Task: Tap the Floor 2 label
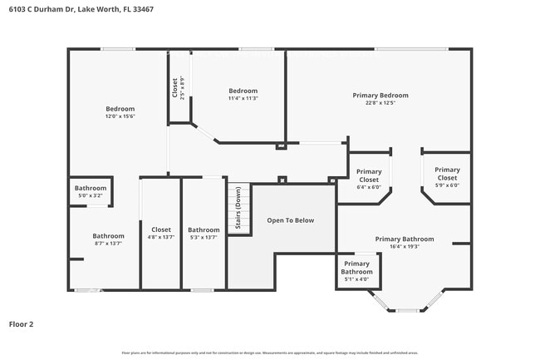(22, 323)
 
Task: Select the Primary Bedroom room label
(380, 96)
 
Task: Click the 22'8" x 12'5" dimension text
(380, 104)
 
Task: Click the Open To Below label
(291, 220)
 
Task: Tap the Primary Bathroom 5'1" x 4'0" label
(357, 271)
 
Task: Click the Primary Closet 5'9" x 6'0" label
(447, 177)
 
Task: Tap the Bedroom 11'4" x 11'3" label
(243, 94)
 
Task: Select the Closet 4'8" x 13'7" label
(160, 234)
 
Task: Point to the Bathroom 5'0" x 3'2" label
(91, 192)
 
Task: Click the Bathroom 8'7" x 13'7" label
(108, 239)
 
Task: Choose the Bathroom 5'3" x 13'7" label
(204, 234)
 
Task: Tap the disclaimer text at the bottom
(270, 353)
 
